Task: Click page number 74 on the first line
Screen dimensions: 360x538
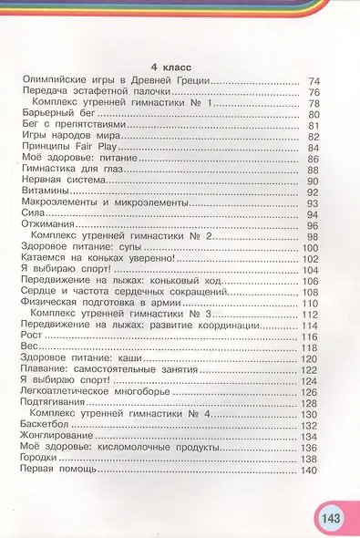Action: tap(314, 82)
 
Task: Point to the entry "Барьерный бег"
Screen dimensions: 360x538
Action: tap(52, 115)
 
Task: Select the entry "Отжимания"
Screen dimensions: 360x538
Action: tap(48, 225)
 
